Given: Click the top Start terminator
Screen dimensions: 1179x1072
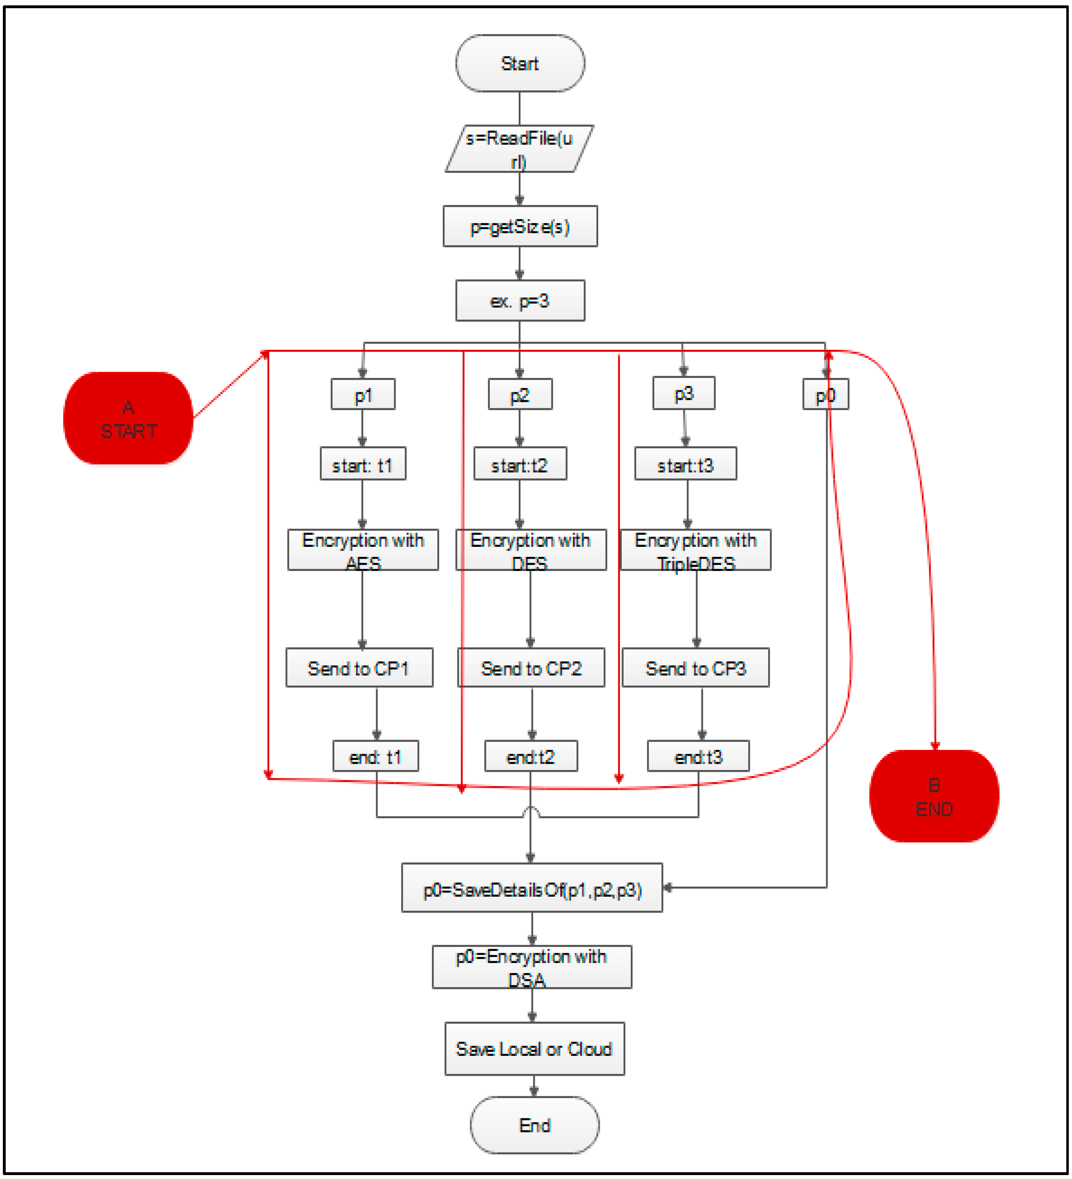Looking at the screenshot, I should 520,63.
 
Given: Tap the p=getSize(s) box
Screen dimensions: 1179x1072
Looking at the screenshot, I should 520,226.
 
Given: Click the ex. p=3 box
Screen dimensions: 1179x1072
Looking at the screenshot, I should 520,301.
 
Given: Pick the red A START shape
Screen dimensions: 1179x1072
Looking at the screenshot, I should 128,418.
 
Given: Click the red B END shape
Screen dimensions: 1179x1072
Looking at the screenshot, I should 934,796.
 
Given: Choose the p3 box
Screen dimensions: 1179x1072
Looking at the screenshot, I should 683,393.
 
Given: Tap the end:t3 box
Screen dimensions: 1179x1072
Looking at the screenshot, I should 697,756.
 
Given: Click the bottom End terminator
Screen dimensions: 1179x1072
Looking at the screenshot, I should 534,1125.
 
